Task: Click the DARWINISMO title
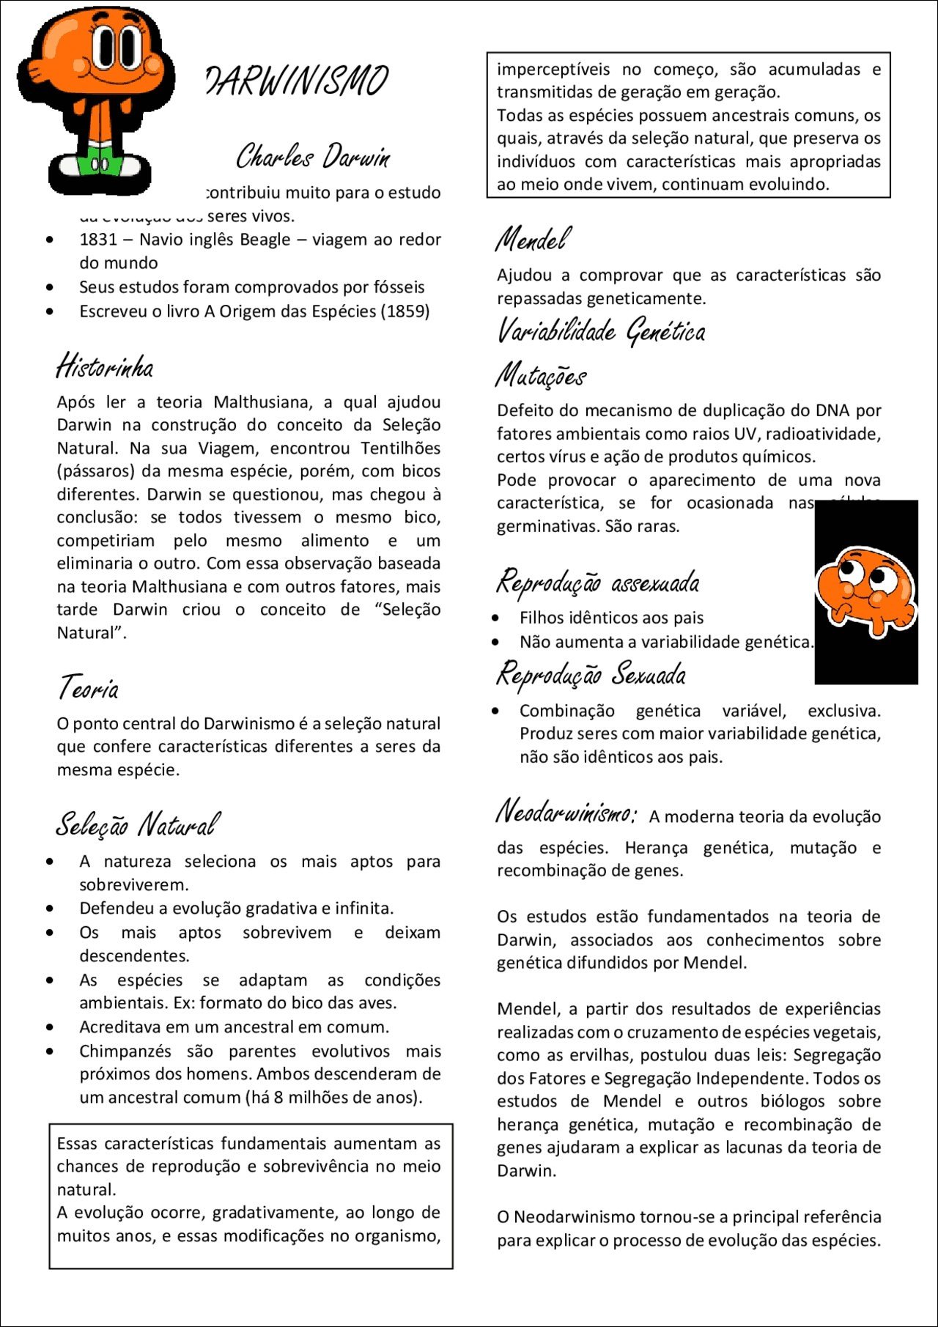click(x=297, y=81)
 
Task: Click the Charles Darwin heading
click(x=313, y=156)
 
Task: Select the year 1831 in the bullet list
click(x=98, y=240)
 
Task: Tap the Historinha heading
click(x=105, y=366)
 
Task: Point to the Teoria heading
click(x=88, y=688)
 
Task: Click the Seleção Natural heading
click(x=137, y=825)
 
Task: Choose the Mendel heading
click(x=533, y=240)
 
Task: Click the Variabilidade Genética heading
click(x=601, y=331)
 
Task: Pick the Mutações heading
click(x=541, y=376)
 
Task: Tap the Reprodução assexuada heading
click(x=598, y=583)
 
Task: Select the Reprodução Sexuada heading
click(x=591, y=674)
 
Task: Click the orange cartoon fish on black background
click(x=865, y=590)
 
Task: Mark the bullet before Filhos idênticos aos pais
click(x=496, y=618)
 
